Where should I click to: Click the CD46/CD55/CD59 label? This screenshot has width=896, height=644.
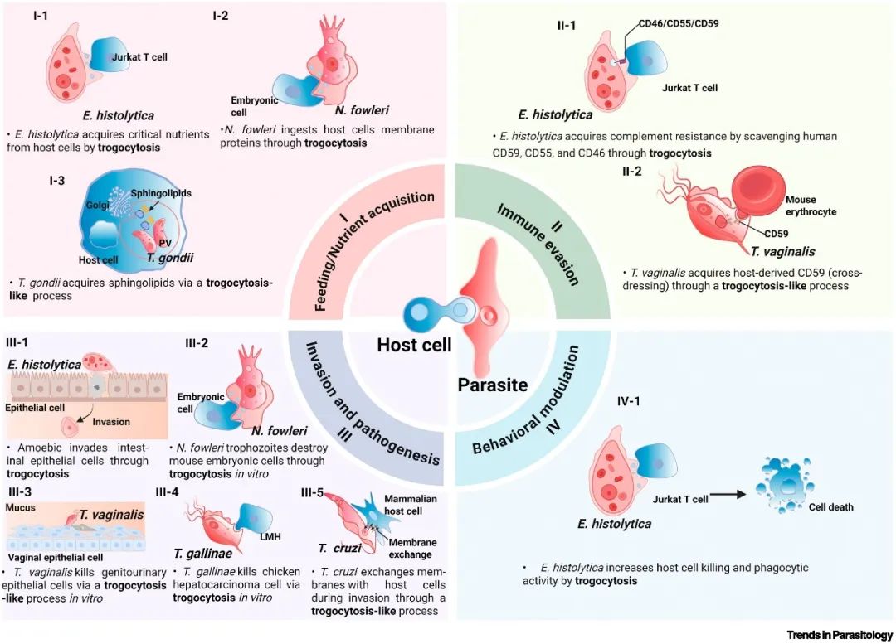pyautogui.click(x=679, y=23)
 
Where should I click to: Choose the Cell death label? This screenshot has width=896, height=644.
pyautogui.click(x=831, y=506)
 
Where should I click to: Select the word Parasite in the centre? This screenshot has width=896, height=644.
pyautogui.click(x=492, y=385)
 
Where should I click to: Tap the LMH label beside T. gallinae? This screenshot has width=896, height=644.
pyautogui.click(x=270, y=536)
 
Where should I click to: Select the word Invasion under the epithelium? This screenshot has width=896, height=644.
pyautogui.click(x=112, y=422)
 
